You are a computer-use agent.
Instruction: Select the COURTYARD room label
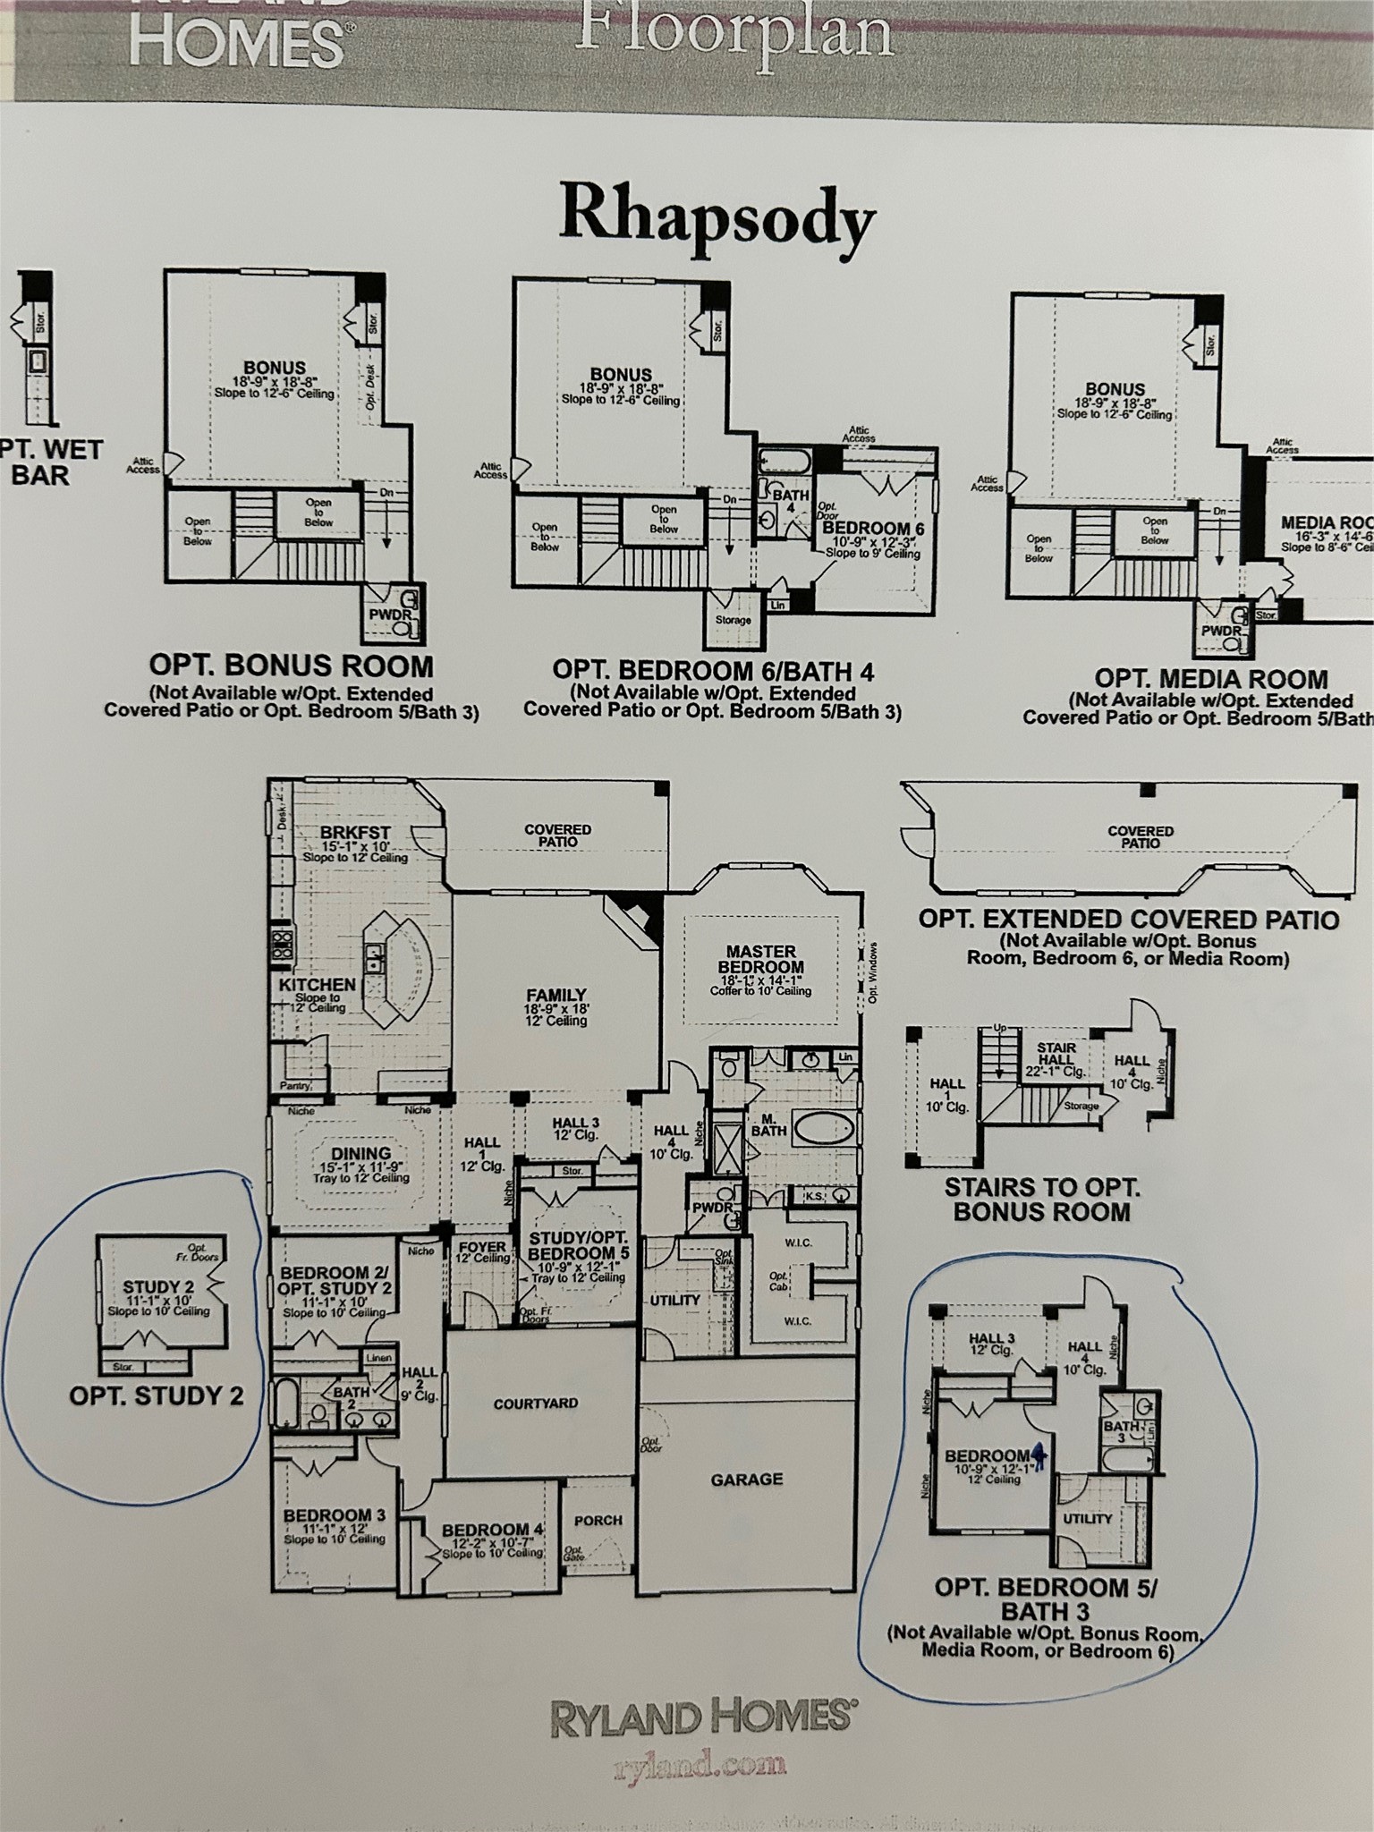(536, 1404)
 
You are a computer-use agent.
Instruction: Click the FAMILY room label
(556, 995)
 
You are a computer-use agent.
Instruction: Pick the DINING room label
(360, 1154)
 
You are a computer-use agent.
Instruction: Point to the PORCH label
(598, 1520)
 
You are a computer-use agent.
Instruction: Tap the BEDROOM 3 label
(334, 1515)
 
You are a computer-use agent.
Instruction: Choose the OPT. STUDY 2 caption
(157, 1395)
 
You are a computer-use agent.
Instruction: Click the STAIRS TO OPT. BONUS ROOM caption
(1041, 1200)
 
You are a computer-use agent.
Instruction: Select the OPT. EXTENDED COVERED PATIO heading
(1128, 920)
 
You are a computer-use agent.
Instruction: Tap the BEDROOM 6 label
(872, 528)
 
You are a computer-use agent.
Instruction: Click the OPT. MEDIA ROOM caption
(1210, 678)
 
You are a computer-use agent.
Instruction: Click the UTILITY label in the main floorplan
(674, 1300)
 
